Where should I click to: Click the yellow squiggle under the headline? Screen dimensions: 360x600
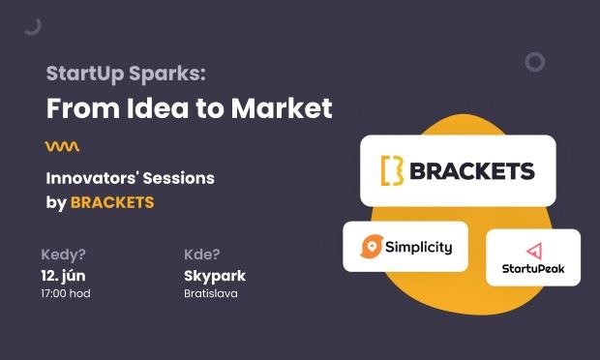[x=62, y=146]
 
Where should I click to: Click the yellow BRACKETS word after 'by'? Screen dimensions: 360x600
[x=112, y=202]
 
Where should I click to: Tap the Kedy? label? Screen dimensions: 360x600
[x=64, y=255]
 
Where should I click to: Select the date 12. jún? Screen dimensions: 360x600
[x=67, y=276]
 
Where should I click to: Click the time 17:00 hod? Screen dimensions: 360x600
[x=66, y=293]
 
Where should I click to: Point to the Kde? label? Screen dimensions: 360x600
[x=202, y=255]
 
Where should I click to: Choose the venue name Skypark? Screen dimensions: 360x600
[x=215, y=276]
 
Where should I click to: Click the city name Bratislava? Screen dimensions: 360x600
[x=211, y=293]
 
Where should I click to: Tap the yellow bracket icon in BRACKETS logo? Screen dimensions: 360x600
[x=391, y=171]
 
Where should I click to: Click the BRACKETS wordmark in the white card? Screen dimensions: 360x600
[x=471, y=171]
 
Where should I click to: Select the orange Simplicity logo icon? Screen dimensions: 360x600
[x=370, y=247]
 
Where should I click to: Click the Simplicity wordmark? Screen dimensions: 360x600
[x=418, y=247]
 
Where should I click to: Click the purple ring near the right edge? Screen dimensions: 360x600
[x=534, y=62]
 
